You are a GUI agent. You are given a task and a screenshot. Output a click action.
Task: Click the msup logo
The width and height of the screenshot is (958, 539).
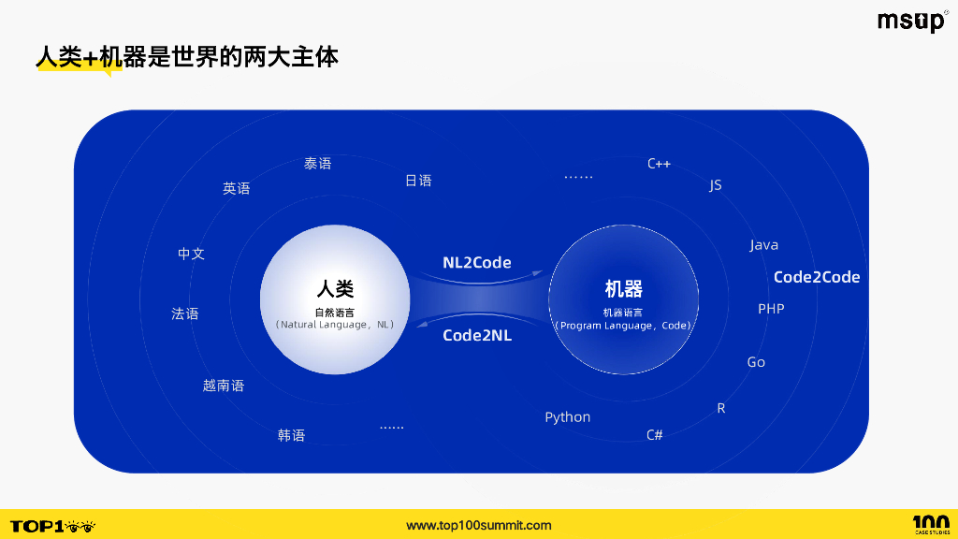coord(912,22)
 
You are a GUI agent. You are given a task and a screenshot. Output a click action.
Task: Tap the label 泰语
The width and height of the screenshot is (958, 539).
coord(318,164)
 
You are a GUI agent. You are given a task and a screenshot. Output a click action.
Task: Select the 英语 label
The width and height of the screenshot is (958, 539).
coord(237,188)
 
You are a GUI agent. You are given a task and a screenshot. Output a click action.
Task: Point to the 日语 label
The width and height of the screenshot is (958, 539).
coord(418,181)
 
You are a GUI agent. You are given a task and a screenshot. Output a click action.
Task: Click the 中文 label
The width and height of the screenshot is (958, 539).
coord(192,254)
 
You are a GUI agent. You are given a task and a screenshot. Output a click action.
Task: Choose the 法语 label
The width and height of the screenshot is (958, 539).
coord(185,313)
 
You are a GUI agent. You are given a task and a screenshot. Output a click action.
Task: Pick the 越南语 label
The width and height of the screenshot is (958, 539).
coord(224,386)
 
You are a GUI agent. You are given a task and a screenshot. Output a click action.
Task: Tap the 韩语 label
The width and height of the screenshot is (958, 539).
coord(291,435)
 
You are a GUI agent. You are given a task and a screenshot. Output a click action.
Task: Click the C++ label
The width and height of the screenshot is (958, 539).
coord(659,164)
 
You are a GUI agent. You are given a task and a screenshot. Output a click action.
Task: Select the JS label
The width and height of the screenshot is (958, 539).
coord(716,185)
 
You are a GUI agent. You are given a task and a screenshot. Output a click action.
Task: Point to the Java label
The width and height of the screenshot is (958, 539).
coord(764,245)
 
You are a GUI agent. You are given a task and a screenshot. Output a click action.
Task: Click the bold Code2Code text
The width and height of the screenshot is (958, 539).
coord(816,277)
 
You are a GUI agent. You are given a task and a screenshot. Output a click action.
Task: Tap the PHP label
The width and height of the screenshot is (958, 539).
coord(771,309)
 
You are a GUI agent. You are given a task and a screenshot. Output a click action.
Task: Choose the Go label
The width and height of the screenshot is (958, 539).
coord(756,362)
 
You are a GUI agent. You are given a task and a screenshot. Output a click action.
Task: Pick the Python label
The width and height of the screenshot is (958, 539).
coord(568,417)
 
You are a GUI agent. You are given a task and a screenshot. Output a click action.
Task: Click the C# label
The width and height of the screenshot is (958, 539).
coord(655,435)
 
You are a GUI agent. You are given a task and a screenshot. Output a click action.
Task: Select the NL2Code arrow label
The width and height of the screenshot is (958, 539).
coord(477,263)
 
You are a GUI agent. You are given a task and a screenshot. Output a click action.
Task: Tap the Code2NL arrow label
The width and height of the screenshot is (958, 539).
coord(477,335)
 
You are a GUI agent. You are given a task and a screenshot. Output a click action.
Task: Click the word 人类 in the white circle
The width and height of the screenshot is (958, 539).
coord(335,288)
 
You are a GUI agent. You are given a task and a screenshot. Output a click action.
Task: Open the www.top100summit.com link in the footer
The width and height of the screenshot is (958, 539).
coord(479,526)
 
